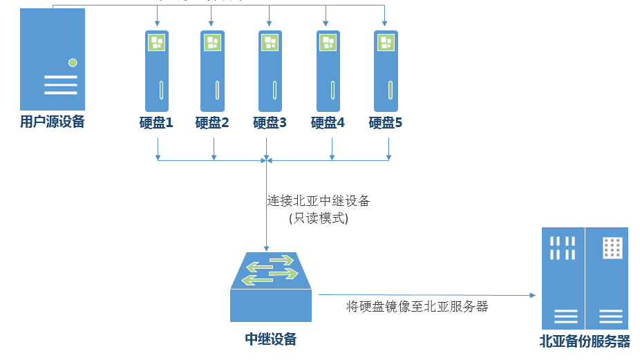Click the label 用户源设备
pos(53,122)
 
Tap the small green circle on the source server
pos(73,63)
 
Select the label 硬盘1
pos(156,123)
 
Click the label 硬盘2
pos(212,123)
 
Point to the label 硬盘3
pos(270,123)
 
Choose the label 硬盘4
pos(328,123)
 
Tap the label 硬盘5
pos(386,123)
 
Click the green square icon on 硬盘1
pos(157,42)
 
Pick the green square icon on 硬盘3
pos(270,42)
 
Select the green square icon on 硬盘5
pos(386,42)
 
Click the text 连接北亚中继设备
pos(319,201)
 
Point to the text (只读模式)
pos(319,218)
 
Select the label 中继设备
pos(271,339)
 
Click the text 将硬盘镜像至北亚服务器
pos(417,306)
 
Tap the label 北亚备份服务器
pos(585,341)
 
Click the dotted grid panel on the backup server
pos(611,247)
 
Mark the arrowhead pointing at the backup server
pos(533,295)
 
